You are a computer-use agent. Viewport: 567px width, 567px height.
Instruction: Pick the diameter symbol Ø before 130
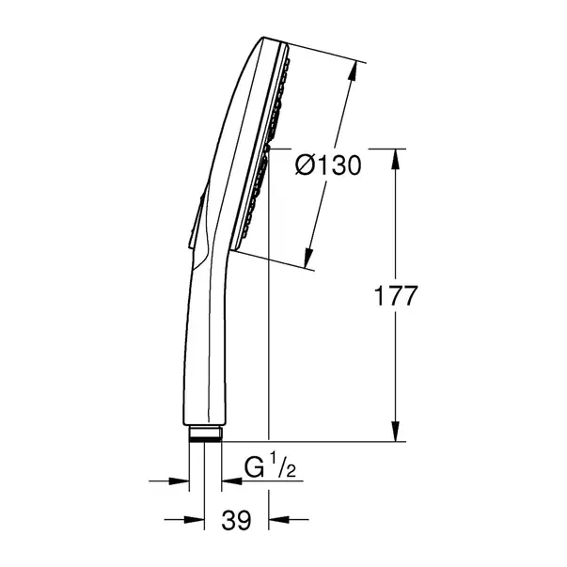[304, 165]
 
